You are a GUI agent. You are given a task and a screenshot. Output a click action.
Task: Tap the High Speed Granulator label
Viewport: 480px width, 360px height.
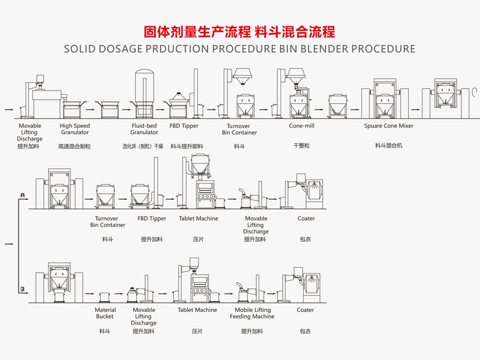pyautogui.click(x=74, y=129)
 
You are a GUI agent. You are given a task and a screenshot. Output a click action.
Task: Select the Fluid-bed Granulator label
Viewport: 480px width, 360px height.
pyautogui.click(x=144, y=129)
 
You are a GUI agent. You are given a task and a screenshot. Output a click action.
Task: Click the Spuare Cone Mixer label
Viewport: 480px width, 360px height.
pyautogui.click(x=389, y=126)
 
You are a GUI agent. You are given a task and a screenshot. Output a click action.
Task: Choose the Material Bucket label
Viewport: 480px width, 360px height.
pyautogui.click(x=105, y=313)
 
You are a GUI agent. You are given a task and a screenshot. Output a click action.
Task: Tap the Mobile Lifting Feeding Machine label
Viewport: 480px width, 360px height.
pyautogui.click(x=252, y=313)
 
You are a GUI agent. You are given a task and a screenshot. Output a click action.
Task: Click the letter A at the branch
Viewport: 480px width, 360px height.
pyautogui.click(x=22, y=196)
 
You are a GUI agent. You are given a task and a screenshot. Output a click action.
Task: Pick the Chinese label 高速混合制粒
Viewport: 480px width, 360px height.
pyautogui.click(x=74, y=146)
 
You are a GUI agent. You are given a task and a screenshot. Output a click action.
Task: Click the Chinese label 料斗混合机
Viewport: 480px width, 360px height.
pyautogui.click(x=389, y=146)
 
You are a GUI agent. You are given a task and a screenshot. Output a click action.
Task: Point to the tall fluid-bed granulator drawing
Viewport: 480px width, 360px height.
pyautogui.click(x=144, y=90)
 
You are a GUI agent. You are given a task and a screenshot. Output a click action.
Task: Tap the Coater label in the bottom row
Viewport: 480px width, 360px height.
pyautogui.click(x=305, y=310)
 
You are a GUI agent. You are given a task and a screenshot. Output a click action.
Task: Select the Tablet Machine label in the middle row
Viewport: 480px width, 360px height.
pyautogui.click(x=199, y=218)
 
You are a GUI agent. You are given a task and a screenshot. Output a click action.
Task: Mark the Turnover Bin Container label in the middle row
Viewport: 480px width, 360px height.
pyautogui.click(x=108, y=222)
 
